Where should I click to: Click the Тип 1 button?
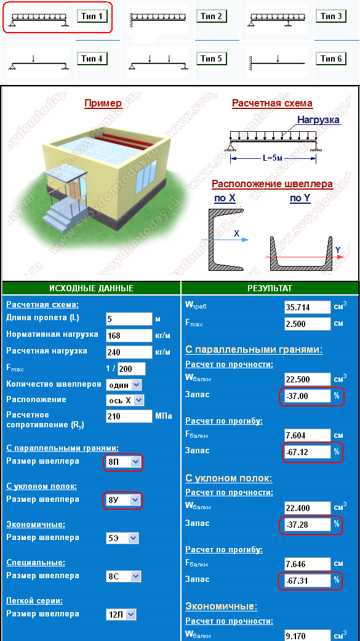(93, 17)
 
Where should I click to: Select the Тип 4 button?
(93, 58)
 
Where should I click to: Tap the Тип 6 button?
(331, 58)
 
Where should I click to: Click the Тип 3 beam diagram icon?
(277, 19)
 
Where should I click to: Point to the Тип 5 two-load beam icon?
(158, 62)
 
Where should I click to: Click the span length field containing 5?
(129, 319)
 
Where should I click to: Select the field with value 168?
(129, 336)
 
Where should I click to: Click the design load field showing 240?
(129, 352)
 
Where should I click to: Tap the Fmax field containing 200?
(132, 369)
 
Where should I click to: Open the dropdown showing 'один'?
(124, 385)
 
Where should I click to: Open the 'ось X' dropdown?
(125, 400)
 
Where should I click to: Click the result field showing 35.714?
(307, 307)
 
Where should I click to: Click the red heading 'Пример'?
(103, 103)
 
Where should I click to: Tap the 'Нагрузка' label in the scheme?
(318, 120)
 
